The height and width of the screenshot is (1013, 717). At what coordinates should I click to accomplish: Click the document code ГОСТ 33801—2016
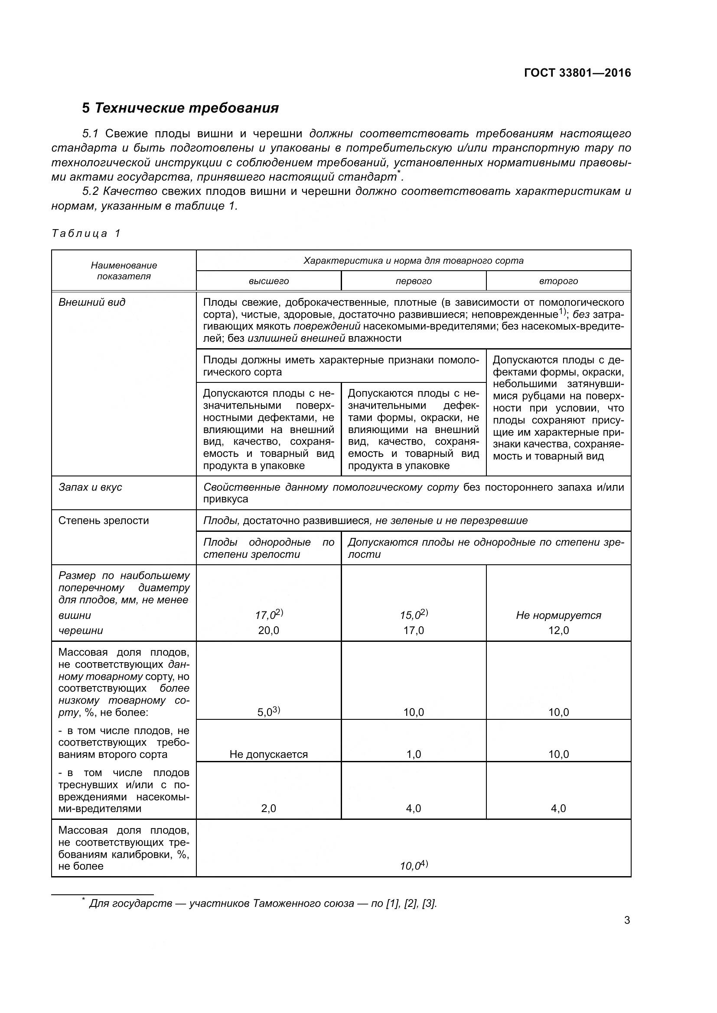577,73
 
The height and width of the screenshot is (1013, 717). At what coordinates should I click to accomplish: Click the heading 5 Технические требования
180,108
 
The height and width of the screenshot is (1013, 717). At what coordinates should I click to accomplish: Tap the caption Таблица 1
86,233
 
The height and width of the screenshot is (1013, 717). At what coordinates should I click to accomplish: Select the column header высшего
268,281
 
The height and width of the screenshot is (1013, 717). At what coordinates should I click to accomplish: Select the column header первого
413,281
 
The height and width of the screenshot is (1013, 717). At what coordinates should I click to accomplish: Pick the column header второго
558,281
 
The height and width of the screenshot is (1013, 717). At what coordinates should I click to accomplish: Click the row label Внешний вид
92,302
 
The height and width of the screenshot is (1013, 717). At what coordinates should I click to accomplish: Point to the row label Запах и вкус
90,487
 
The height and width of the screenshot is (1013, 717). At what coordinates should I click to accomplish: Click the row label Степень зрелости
103,521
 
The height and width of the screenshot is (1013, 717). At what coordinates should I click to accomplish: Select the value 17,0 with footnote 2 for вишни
268,615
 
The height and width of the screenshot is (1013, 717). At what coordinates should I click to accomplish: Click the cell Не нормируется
558,615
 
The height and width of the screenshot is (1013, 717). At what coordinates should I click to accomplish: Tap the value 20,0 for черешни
268,631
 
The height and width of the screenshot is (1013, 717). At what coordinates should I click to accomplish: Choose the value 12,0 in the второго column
558,631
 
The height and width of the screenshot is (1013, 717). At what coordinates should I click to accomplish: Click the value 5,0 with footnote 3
268,712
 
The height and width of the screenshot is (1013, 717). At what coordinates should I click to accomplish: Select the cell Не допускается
268,754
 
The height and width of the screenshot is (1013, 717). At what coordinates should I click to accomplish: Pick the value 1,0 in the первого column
413,754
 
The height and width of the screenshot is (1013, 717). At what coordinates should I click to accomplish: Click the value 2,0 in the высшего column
268,808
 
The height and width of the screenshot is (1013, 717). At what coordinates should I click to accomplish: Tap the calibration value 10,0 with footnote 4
413,866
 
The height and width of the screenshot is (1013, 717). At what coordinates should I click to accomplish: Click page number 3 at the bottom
627,920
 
